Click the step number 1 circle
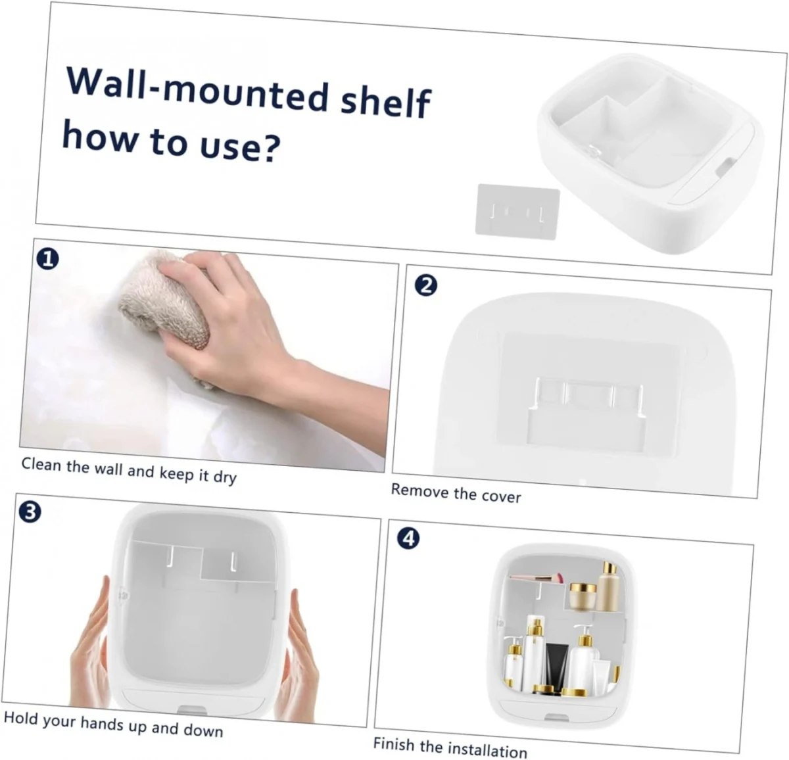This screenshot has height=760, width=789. [x=48, y=259]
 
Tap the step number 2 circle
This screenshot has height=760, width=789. [x=425, y=286]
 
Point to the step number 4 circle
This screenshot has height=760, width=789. [x=408, y=538]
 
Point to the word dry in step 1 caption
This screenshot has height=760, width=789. [x=224, y=477]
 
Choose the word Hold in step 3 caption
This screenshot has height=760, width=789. [x=20, y=717]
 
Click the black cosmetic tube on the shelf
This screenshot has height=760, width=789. [x=554, y=667]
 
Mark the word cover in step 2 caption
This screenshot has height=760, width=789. [x=502, y=496]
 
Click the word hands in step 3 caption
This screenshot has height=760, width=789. [x=102, y=723]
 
